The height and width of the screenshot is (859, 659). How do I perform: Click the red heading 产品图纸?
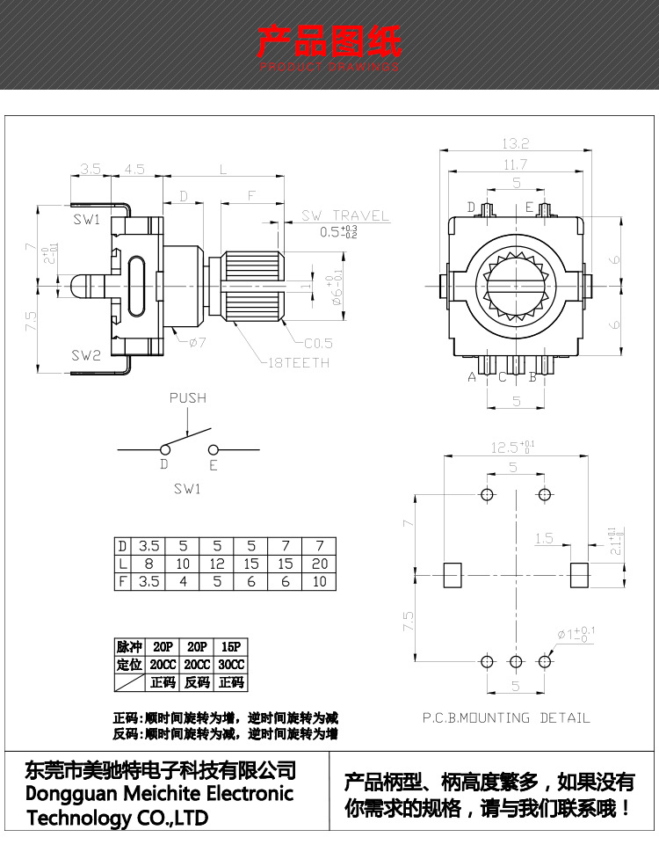(x=329, y=41)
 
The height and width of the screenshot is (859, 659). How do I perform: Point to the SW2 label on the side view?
(x=86, y=355)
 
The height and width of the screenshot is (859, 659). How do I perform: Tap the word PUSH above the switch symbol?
(x=187, y=398)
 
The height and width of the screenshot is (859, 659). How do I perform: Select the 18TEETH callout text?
(x=300, y=362)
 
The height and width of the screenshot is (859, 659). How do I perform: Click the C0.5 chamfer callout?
(x=317, y=343)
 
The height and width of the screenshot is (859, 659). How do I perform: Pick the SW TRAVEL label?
(x=345, y=215)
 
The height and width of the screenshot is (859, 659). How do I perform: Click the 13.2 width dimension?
(x=515, y=143)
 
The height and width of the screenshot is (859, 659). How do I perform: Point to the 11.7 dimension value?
(x=515, y=164)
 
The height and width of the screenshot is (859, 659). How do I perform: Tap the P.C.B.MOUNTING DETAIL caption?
(x=506, y=717)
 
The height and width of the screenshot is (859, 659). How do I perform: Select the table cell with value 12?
(x=217, y=564)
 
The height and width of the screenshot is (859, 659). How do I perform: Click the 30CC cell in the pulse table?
(x=231, y=665)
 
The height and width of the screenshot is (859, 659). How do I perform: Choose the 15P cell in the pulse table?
(x=231, y=647)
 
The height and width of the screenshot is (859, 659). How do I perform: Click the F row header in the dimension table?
(x=123, y=581)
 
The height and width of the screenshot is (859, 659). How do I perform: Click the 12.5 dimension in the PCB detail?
(x=512, y=448)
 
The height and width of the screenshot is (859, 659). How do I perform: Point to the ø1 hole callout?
(x=572, y=633)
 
